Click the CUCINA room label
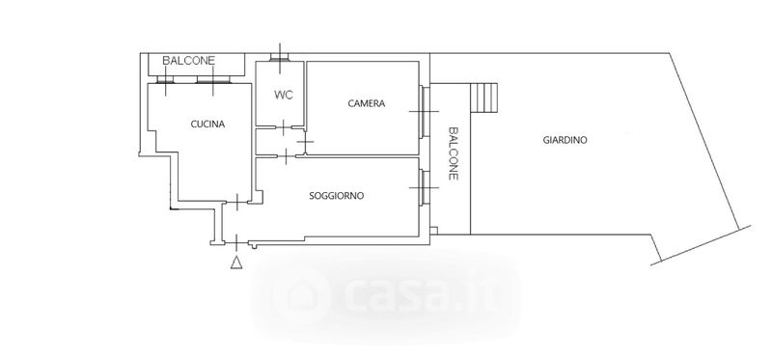207,125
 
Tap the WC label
283,95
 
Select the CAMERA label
367,103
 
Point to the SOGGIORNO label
336,196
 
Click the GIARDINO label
565,140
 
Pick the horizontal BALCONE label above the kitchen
189,61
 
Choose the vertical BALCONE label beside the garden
454,153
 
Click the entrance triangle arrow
236,263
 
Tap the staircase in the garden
484,97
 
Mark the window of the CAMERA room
424,112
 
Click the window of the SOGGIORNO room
424,187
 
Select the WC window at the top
281,59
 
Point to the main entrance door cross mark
236,243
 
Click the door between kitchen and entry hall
237,203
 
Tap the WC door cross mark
284,127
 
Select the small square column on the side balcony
433,230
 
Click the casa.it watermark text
420,295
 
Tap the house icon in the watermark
305,295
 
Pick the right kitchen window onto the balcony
213,79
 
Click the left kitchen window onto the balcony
165,79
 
